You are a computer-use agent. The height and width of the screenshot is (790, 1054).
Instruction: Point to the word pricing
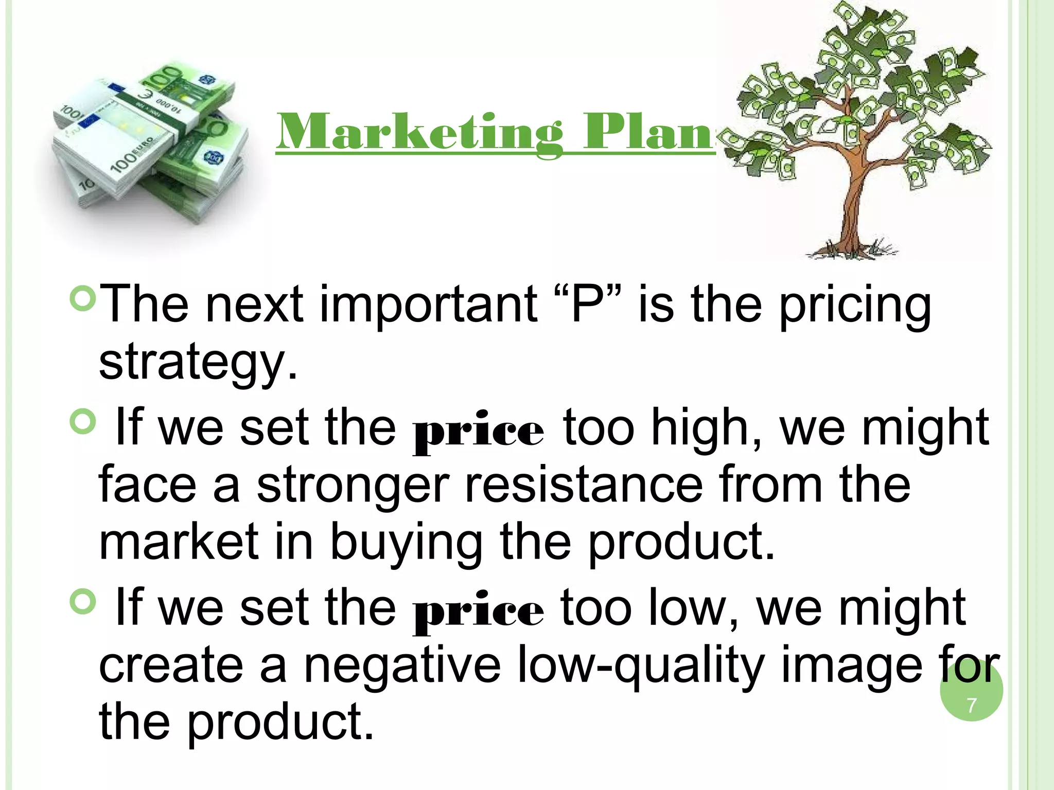(x=855, y=308)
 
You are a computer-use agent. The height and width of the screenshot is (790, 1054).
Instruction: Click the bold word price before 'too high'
(x=478, y=432)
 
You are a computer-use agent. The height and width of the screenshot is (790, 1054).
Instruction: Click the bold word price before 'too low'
(x=478, y=612)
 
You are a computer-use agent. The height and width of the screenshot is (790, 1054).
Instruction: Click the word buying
(x=406, y=544)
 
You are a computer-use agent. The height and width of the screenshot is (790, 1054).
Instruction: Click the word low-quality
(x=641, y=667)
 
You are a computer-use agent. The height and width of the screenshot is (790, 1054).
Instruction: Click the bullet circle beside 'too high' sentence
(x=82, y=422)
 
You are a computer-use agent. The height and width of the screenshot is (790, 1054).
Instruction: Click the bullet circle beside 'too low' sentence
(x=82, y=601)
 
